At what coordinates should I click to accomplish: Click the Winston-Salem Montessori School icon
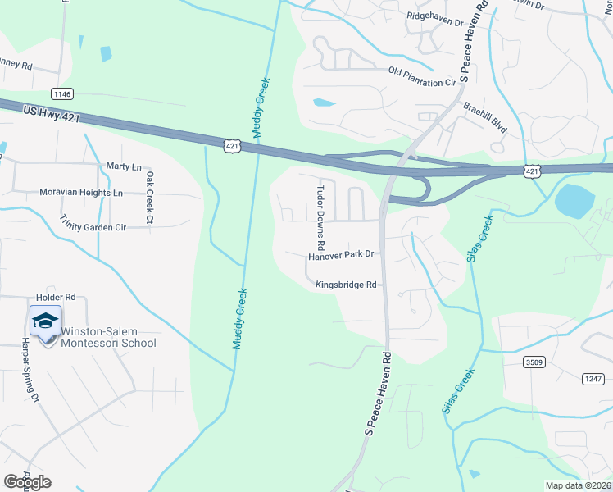[x=45, y=321]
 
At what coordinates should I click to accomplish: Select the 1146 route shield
[x=62, y=93]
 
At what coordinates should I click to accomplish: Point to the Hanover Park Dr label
[x=341, y=255]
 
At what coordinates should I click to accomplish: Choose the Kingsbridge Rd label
[x=346, y=285]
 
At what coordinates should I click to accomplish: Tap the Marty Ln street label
[x=124, y=166]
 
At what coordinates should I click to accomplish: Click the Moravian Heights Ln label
[x=81, y=193]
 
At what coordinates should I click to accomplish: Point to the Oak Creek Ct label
[x=149, y=197]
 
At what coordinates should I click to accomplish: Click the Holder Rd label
[x=56, y=297]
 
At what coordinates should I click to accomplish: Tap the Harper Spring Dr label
[x=31, y=371]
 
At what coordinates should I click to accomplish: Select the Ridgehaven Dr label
[x=435, y=16]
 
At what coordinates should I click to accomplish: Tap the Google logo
[x=27, y=481]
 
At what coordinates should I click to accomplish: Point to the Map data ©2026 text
[x=579, y=485]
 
